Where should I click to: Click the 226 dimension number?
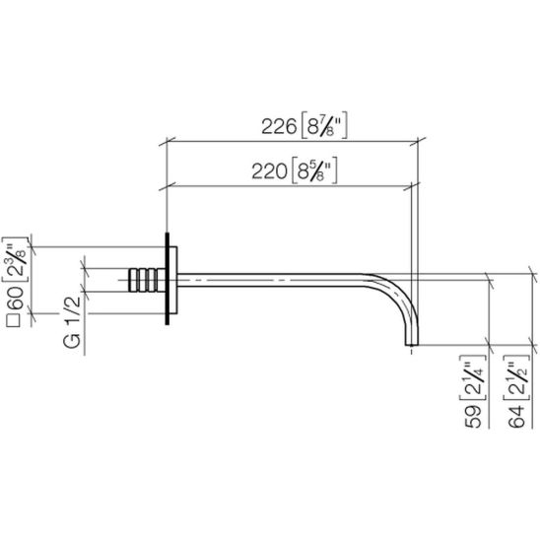click(279, 126)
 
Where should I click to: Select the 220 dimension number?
click(269, 171)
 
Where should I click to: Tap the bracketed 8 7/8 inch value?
click(324, 125)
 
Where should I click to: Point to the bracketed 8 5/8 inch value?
click(313, 170)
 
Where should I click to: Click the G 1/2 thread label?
click(72, 321)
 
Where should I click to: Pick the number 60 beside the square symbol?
click(15, 299)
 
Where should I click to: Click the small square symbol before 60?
click(15, 320)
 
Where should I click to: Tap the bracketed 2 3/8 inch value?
click(15, 259)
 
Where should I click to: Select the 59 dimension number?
click(474, 417)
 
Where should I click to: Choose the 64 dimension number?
click(516, 417)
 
